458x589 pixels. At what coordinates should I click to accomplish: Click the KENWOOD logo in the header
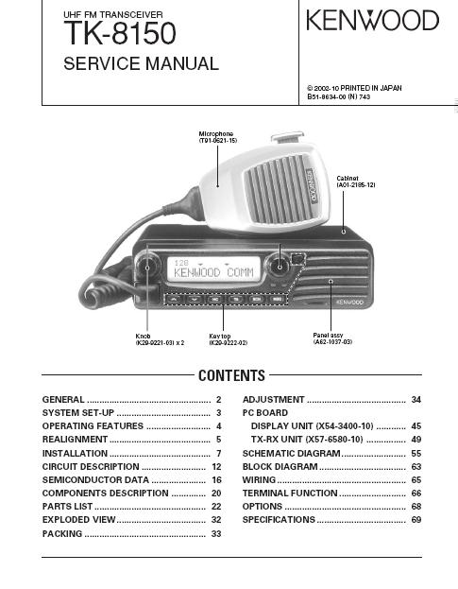point(372,20)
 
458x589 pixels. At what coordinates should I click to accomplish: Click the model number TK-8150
point(120,33)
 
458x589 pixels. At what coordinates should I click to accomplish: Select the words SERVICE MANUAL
point(141,63)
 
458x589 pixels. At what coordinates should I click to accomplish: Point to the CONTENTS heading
point(231,375)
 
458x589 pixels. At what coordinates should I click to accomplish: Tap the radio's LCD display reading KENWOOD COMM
point(213,269)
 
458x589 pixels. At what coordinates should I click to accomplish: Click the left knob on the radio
point(147,267)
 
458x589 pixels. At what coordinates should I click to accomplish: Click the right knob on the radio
point(280,266)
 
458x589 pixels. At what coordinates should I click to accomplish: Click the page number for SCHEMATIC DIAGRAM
point(416,454)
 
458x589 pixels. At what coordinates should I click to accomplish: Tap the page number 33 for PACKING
point(216,534)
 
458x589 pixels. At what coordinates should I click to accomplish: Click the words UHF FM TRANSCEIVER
point(113,14)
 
